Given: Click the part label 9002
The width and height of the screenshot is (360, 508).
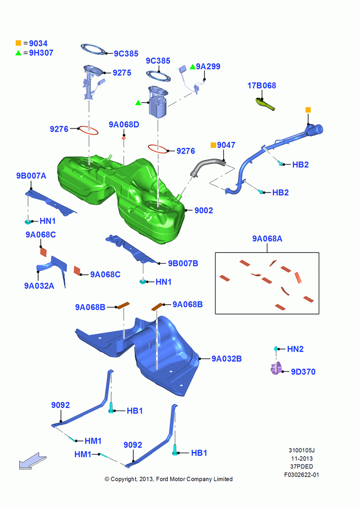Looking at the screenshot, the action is pyautogui.click(x=204, y=210).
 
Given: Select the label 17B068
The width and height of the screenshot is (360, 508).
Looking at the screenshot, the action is pyautogui.click(x=262, y=85).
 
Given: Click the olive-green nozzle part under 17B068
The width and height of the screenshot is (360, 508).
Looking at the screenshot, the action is pyautogui.click(x=265, y=104).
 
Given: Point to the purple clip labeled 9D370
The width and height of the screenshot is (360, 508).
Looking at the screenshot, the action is pyautogui.click(x=276, y=369).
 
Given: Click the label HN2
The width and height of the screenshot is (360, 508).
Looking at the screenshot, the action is pyautogui.click(x=295, y=349).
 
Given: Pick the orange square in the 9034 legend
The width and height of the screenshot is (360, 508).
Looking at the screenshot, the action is pyautogui.click(x=18, y=43).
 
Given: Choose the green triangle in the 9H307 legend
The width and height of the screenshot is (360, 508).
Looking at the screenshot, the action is pyautogui.click(x=18, y=53).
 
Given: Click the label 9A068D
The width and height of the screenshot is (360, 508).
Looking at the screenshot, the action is pyautogui.click(x=124, y=124).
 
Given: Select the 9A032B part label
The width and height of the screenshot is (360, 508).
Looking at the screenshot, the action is pyautogui.click(x=227, y=359).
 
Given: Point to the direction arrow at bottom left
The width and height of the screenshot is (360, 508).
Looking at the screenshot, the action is pyautogui.click(x=33, y=461).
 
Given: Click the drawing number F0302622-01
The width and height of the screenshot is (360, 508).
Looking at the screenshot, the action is pyautogui.click(x=302, y=474).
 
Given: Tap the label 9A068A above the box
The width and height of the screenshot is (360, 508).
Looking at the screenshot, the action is pyautogui.click(x=267, y=239).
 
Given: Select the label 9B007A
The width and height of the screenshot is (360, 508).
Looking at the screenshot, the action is pyautogui.click(x=31, y=176).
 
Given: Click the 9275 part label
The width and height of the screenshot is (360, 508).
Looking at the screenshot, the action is pyautogui.click(x=122, y=73).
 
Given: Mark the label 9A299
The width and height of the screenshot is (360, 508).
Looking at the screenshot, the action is pyautogui.click(x=208, y=67).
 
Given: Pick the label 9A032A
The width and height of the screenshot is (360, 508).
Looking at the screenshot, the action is pyautogui.click(x=39, y=285).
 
